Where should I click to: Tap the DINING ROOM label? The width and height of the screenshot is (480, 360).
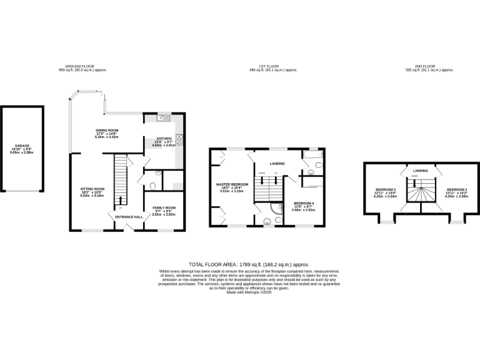click(107, 130)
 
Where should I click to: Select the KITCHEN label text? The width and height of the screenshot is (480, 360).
click(164, 138)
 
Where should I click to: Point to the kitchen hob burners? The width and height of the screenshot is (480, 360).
click(179, 139)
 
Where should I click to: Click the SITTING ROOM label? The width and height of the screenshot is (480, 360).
click(92, 188)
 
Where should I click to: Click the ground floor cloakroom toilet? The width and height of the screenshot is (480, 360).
click(153, 185)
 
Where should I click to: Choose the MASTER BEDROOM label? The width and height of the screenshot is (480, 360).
click(232, 184)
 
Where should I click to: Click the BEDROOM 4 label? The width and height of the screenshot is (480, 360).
click(304, 204)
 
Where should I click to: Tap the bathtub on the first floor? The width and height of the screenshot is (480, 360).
click(311, 154)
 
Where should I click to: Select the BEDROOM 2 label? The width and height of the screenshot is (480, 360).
click(386, 189)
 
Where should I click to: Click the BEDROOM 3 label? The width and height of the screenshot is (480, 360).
click(456, 189)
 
